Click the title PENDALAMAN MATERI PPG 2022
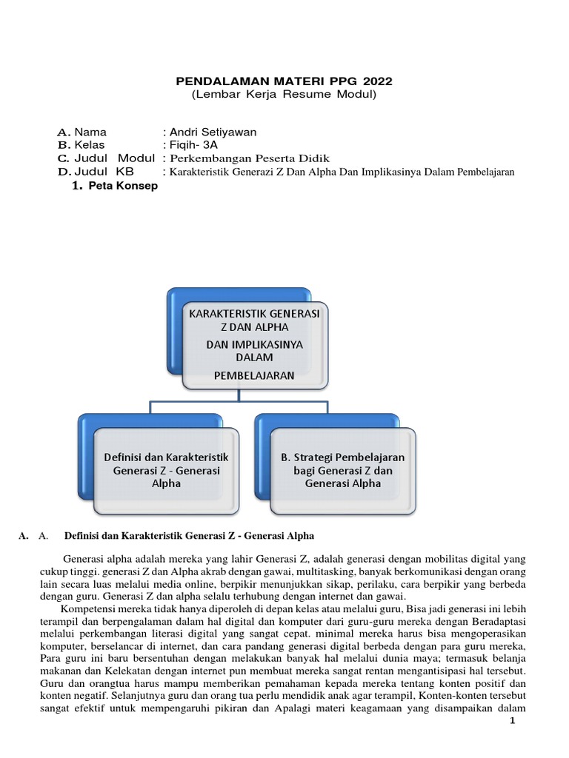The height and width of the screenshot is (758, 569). point(284,81)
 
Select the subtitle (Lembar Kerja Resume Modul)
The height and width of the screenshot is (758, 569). point(284,95)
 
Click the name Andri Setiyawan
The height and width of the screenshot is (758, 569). point(213,133)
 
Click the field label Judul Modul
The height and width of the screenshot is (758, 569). point(114,158)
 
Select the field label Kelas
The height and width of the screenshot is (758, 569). point(90,145)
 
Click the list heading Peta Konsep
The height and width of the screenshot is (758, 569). point(122,187)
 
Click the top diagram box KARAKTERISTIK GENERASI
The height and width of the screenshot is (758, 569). point(254,314)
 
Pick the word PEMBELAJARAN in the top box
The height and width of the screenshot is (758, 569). point(254,375)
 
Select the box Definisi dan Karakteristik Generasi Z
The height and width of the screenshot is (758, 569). point(167,470)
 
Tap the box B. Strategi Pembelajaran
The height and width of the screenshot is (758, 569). point(342,470)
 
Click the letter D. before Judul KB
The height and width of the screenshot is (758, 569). point(64,172)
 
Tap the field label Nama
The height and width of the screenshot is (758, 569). point(90,133)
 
